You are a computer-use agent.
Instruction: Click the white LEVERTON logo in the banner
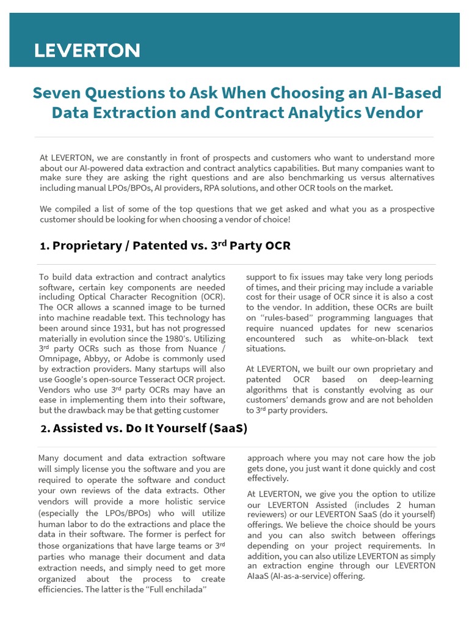87,50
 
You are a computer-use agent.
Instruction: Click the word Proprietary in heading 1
87,246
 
